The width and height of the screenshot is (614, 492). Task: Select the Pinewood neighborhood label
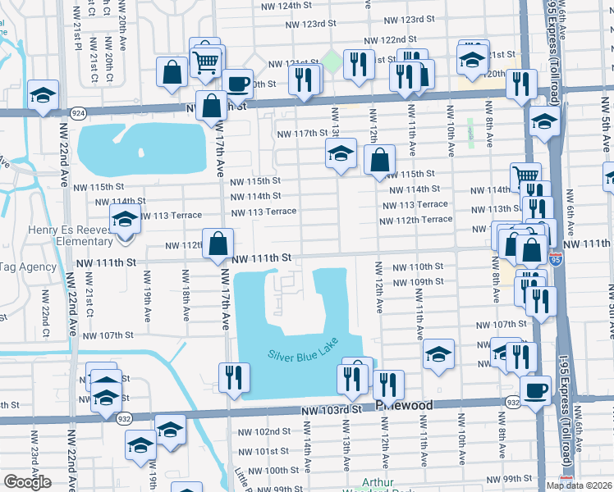tap(404, 406)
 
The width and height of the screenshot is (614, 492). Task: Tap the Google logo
tap(27, 482)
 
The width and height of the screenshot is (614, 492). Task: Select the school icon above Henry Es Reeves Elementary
tap(125, 219)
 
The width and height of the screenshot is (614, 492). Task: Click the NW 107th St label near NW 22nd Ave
tap(108, 335)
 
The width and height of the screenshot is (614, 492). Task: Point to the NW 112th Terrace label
tap(415, 220)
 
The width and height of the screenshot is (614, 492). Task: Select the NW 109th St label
tap(418, 282)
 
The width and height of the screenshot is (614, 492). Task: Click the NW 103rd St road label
tap(331, 408)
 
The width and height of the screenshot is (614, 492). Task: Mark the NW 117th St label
tap(303, 134)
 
